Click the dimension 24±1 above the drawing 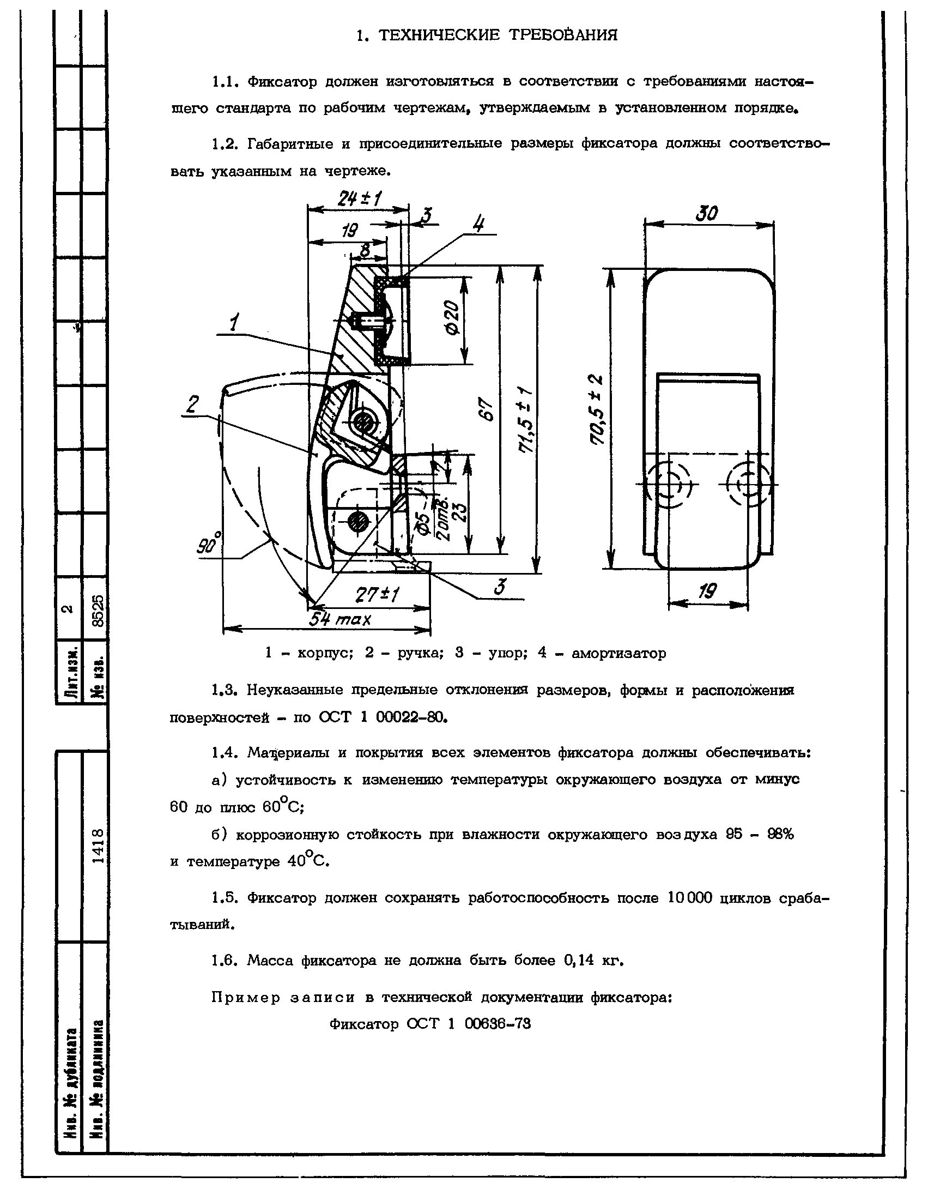360,199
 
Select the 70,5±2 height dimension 597,409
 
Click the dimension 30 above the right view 707,213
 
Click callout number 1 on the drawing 235,323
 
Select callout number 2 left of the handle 192,405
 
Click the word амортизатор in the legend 618,654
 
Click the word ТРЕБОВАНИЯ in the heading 562,36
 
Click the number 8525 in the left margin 98,611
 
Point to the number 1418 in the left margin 98,845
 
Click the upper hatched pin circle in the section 362,422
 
